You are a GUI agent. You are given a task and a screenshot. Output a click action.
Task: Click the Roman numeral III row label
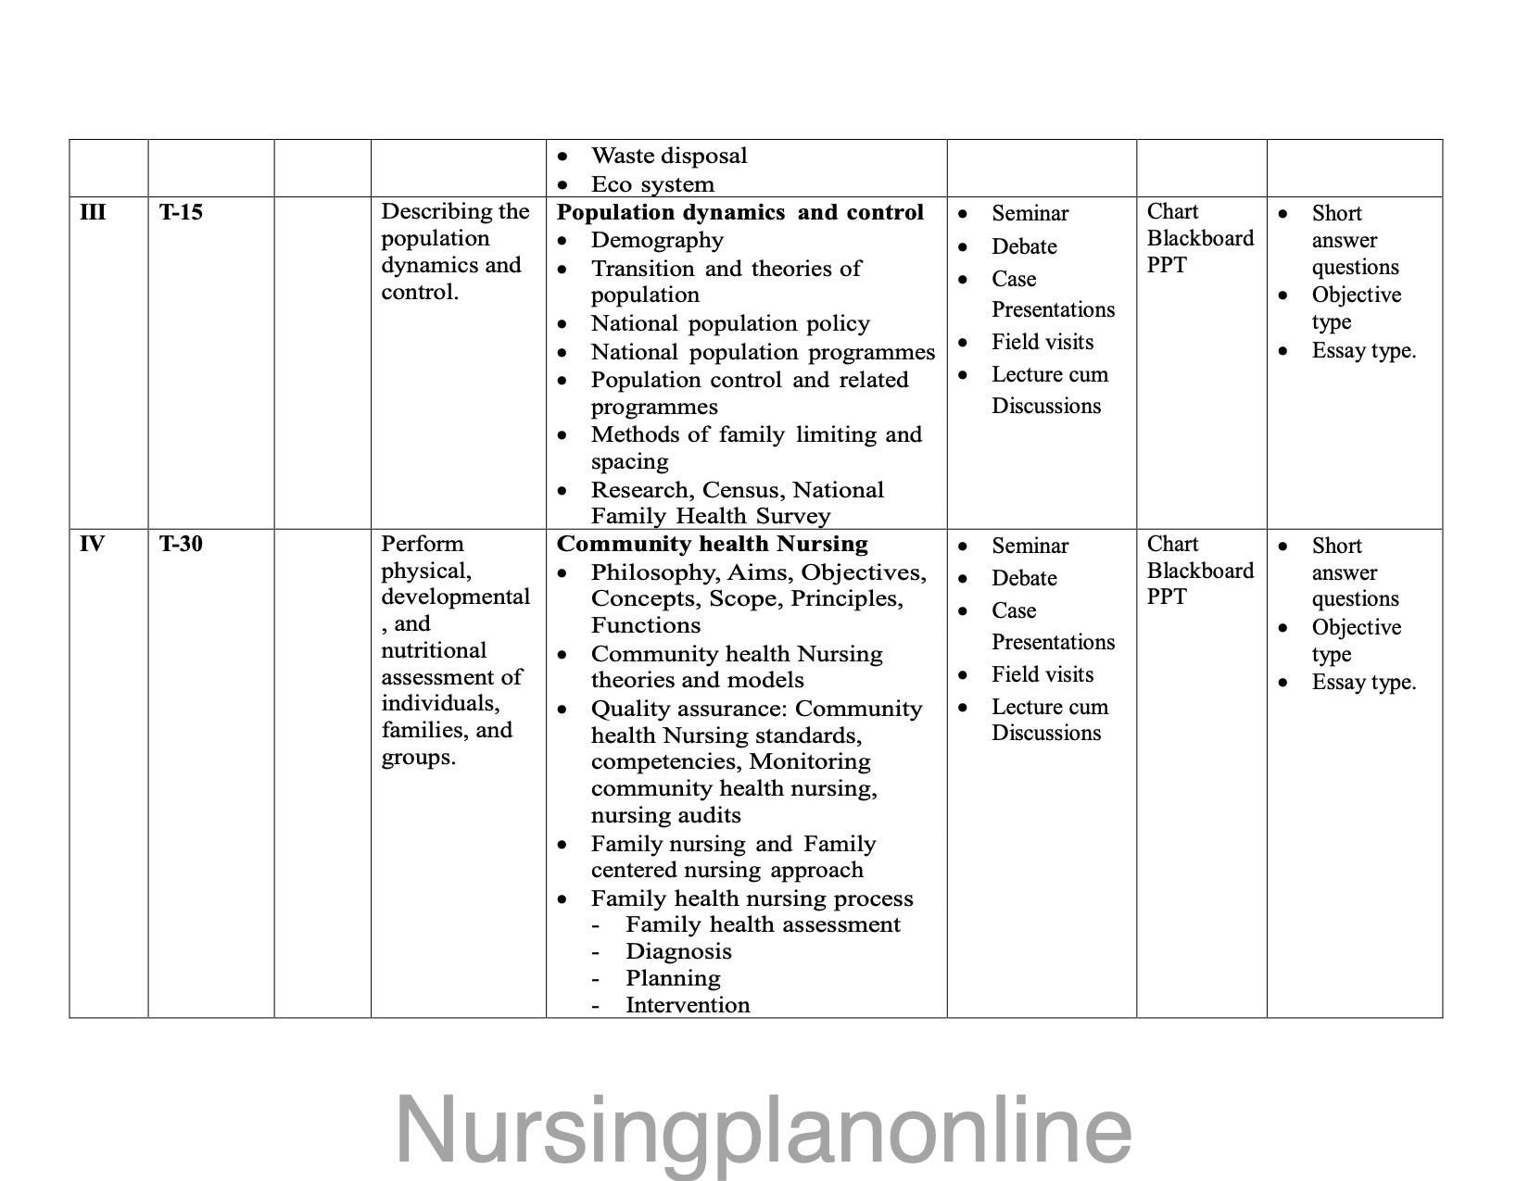point(93,212)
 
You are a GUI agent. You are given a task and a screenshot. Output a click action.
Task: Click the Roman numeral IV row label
point(92,544)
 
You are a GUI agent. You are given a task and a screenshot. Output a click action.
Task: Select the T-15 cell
point(181,212)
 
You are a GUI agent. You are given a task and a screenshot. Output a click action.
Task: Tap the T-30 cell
point(181,544)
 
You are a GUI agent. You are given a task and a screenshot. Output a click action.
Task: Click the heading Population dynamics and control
point(739,212)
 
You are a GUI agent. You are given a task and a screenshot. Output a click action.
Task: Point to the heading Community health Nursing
point(712,544)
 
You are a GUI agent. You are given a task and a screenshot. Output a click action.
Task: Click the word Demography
point(657,240)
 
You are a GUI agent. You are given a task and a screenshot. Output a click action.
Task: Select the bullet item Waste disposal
point(669,156)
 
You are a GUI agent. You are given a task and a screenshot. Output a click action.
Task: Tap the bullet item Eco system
point(652,184)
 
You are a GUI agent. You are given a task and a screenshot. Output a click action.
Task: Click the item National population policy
point(730,323)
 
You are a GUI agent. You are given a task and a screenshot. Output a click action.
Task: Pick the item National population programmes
point(763,352)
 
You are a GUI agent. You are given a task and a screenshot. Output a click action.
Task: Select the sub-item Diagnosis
point(678,951)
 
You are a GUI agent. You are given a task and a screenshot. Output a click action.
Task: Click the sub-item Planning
point(673,978)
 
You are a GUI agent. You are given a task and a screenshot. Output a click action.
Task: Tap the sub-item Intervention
point(688,1005)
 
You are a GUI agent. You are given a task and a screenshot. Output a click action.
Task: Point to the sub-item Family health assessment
point(763,924)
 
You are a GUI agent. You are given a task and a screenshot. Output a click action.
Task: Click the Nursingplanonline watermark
point(764,1129)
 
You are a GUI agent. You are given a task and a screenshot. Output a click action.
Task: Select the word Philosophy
point(648,572)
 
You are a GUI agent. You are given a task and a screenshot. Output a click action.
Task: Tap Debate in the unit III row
point(1024,246)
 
